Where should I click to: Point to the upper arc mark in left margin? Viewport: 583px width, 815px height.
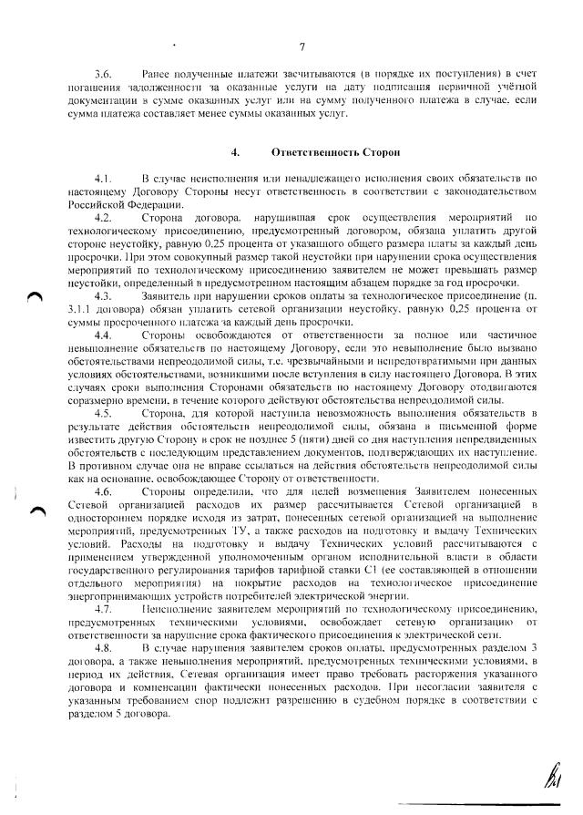(34, 292)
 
